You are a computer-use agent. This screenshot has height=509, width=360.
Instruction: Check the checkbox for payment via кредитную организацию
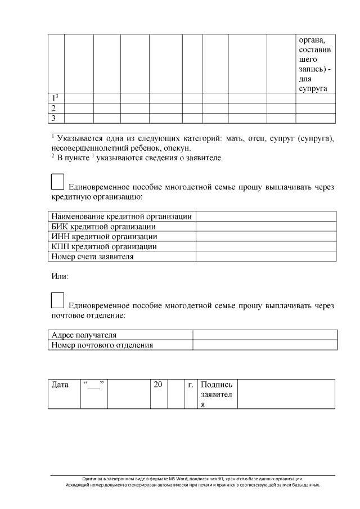coord(57,181)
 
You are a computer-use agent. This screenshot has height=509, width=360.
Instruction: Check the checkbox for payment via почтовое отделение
coord(57,300)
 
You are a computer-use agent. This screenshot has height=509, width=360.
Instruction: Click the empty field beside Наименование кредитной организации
coord(265,217)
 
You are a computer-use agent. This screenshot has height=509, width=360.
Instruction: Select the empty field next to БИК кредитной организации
coord(265,227)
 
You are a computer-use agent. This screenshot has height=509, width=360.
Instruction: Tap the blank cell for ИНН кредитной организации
coord(265,237)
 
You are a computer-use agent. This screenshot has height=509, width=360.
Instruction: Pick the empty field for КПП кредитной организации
coord(265,247)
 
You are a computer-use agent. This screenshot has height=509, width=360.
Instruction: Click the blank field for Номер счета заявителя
coord(265,257)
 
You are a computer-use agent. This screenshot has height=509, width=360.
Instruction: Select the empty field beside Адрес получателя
coord(264,335)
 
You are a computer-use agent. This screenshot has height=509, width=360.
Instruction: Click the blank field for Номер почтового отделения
coord(264,345)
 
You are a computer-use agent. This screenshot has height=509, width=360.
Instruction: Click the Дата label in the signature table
coord(60,385)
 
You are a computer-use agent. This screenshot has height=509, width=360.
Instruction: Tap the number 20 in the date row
coord(158,385)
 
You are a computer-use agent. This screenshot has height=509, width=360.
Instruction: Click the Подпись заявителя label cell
coord(217,394)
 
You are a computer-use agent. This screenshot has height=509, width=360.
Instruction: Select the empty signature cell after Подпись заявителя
coord(286,394)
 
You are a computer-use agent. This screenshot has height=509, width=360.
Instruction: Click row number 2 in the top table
coord(54,108)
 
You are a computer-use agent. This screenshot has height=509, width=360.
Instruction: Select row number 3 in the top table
coord(54,118)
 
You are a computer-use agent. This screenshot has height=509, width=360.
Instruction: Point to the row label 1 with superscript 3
coord(55,98)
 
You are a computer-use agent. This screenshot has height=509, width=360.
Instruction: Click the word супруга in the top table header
coord(313,89)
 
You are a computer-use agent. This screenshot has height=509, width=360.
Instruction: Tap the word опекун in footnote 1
coord(177,148)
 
